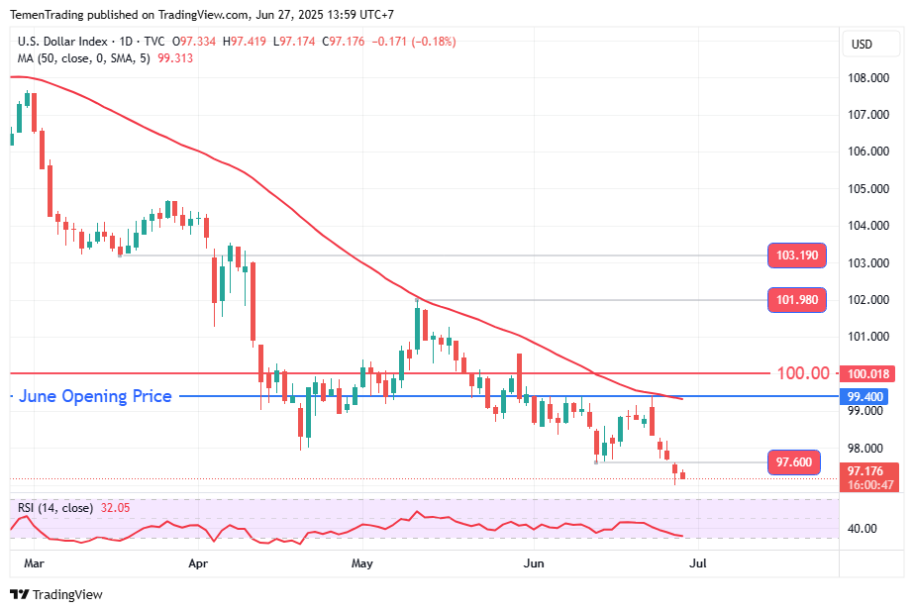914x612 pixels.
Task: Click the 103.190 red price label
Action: click(x=796, y=255)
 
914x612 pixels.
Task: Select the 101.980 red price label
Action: click(x=796, y=300)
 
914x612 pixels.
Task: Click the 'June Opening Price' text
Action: click(x=95, y=396)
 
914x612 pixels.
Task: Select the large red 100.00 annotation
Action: click(x=803, y=373)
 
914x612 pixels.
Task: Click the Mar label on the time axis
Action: click(x=33, y=563)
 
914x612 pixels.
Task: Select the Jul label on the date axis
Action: click(x=697, y=563)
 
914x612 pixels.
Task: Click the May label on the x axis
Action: click(x=362, y=563)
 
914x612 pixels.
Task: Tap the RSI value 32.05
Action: click(x=117, y=508)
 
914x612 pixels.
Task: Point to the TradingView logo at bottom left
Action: click(x=56, y=594)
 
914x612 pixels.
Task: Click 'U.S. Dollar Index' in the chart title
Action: click(x=62, y=42)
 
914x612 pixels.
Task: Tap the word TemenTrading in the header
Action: click(x=49, y=14)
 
